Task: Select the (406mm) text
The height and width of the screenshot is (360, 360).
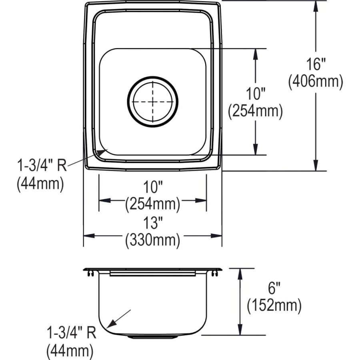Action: pyautogui.click(x=316, y=82)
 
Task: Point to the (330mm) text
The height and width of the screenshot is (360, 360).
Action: pyautogui.click(x=152, y=240)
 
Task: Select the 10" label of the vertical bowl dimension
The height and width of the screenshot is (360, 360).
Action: pyautogui.click(x=255, y=95)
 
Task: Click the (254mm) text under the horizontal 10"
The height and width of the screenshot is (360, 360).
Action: pyautogui.click(x=152, y=204)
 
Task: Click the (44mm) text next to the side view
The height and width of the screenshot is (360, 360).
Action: pyautogui.click(x=70, y=351)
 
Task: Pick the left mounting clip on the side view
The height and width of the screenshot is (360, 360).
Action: pyautogui.click(x=88, y=273)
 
